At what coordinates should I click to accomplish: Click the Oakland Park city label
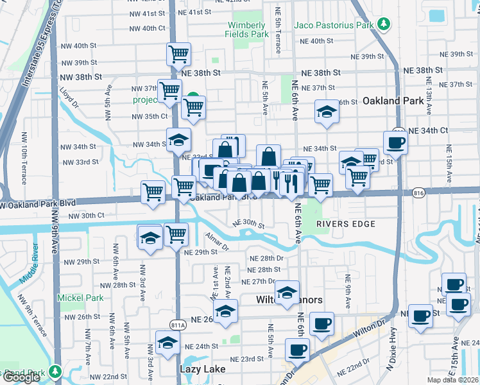tap(393, 101)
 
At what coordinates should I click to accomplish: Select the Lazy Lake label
tap(201, 370)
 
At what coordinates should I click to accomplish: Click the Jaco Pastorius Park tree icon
tap(384, 25)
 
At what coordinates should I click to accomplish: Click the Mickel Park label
tap(80, 298)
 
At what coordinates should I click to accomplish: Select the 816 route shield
tap(419, 192)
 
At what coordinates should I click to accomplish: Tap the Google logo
tap(21, 377)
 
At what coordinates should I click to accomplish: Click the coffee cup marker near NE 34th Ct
tap(395, 142)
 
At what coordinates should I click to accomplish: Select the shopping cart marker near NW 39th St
tap(178, 53)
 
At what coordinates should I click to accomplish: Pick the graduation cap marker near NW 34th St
tap(179, 140)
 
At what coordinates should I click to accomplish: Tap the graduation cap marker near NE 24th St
tap(167, 343)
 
